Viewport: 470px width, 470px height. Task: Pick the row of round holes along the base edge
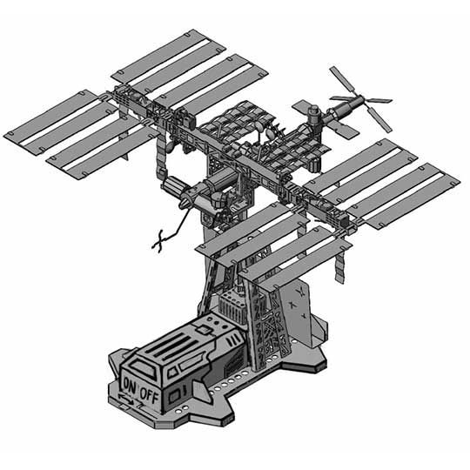(x=218, y=384)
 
